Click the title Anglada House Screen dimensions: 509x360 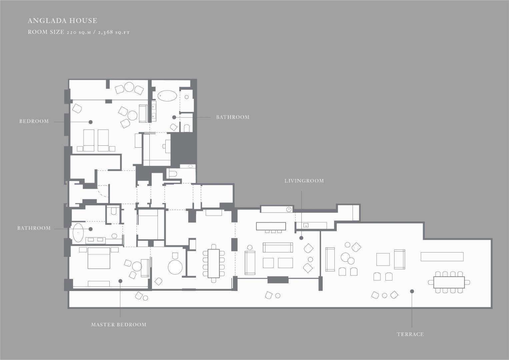(62, 21)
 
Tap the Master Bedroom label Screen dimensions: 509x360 (119, 325)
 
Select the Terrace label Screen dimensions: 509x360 (410, 334)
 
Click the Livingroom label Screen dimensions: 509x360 (304, 181)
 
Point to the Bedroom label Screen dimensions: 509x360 (34, 121)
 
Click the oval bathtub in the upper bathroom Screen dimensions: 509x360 (167, 96)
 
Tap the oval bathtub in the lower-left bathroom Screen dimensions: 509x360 (78, 233)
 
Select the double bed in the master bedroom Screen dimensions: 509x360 (99, 258)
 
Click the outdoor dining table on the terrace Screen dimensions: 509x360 (449, 282)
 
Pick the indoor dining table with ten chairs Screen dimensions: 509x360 (214, 263)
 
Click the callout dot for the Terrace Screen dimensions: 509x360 (412, 291)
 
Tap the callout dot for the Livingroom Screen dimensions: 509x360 (301, 238)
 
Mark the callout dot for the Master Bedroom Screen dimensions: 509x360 (120, 281)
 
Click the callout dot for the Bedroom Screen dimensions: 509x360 (90, 122)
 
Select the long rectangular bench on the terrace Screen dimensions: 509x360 (442, 257)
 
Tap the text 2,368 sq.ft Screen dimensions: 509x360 (114, 32)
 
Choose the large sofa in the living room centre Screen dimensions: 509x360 (278, 247)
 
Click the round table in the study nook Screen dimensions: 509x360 (175, 267)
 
